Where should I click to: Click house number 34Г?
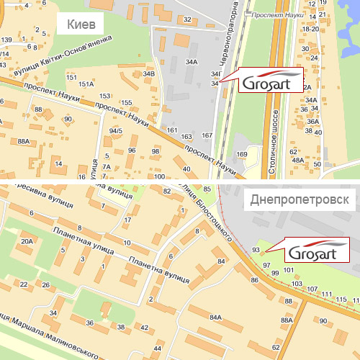pyautogui.click(x=215, y=74)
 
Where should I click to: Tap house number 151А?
pyautogui.click(x=86, y=84)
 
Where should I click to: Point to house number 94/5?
pyautogui.click(x=116, y=131)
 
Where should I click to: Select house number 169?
pyautogui.click(x=242, y=154)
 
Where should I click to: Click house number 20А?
pyautogui.click(x=27, y=242)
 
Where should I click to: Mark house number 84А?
pyautogui.click(x=215, y=317)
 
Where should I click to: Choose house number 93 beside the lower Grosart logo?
pyautogui.click(x=256, y=249)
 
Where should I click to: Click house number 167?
pyautogui.click(x=207, y=135)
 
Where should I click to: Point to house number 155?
pyautogui.click(x=127, y=103)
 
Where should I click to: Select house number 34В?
pyautogui.click(x=148, y=73)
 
